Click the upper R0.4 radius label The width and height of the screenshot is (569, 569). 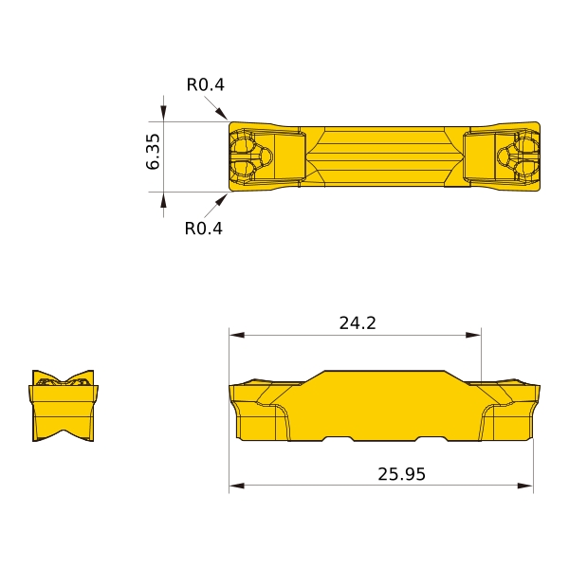pos(206,85)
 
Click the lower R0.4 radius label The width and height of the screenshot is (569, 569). pos(204,229)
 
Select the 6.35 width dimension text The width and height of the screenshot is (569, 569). pos(153,152)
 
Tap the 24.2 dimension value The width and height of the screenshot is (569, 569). pos(358,323)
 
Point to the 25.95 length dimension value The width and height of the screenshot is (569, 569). pos(401,474)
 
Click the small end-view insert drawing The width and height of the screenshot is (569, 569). pos(64,406)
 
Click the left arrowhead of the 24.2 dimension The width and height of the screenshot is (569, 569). pos(236,335)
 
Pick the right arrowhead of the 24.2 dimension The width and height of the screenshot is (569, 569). pos(473,335)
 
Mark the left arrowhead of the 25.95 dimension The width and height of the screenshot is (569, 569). pos(236,486)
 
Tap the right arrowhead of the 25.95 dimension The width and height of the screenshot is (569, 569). pos(525,486)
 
